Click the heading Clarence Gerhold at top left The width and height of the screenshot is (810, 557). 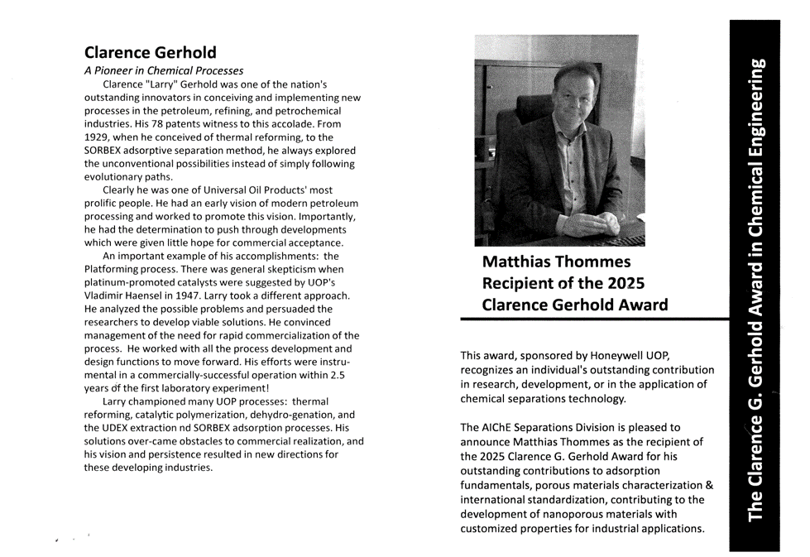tap(150, 52)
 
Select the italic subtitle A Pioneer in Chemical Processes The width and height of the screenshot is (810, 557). tap(163, 71)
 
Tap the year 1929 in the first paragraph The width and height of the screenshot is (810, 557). tap(98, 137)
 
